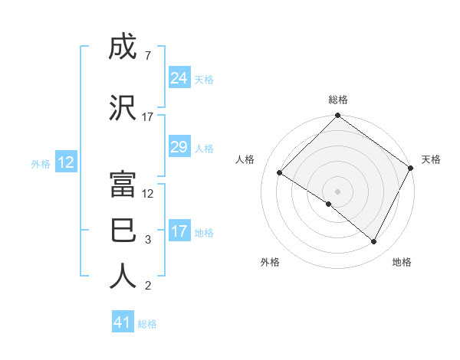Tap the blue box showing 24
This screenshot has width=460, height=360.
coord(179,78)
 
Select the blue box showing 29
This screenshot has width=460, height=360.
coord(179,147)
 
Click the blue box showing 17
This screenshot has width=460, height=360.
coord(179,231)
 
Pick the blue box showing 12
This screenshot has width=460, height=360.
coord(66,162)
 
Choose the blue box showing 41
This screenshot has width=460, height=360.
coord(123,323)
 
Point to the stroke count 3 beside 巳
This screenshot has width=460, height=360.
coord(147,240)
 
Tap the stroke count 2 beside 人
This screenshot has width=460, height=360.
coord(147,286)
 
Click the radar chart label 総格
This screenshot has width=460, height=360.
coord(338,100)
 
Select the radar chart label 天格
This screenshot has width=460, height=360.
coord(431,159)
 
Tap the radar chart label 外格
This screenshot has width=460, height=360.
coord(270,263)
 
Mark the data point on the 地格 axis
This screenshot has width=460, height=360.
coord(374,241)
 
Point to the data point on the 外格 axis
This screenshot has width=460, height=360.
coord(329,204)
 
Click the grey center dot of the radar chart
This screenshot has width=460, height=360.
coord(338,191)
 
